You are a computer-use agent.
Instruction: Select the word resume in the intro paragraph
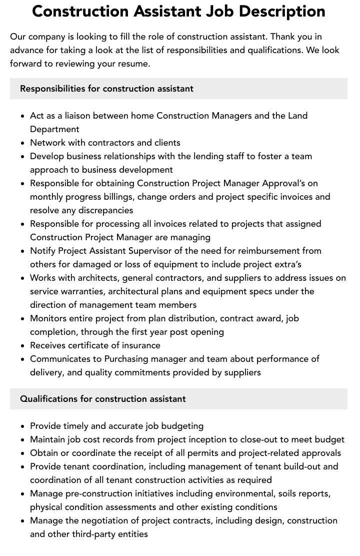click(x=135, y=64)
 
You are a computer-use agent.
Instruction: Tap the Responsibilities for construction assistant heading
click(x=106, y=89)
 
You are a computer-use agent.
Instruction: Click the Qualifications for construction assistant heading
click(x=102, y=399)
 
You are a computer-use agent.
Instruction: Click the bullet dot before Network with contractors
click(x=22, y=143)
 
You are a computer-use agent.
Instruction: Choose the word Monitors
click(x=49, y=318)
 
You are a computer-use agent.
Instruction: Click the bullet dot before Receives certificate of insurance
click(x=22, y=346)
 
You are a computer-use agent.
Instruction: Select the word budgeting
click(x=181, y=426)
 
